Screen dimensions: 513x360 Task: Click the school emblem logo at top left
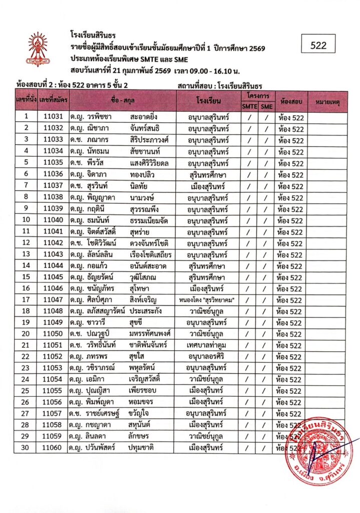(x=39, y=50)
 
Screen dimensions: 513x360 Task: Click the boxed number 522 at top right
(x=318, y=45)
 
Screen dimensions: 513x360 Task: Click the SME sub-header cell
(x=267, y=106)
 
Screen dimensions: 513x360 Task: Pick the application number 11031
(x=53, y=117)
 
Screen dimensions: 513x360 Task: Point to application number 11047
(x=53, y=300)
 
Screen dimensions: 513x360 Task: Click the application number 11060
(x=53, y=448)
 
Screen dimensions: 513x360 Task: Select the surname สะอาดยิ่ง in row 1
(x=147, y=117)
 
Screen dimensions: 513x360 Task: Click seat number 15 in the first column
(x=26, y=277)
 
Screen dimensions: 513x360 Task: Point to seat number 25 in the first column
(x=26, y=391)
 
